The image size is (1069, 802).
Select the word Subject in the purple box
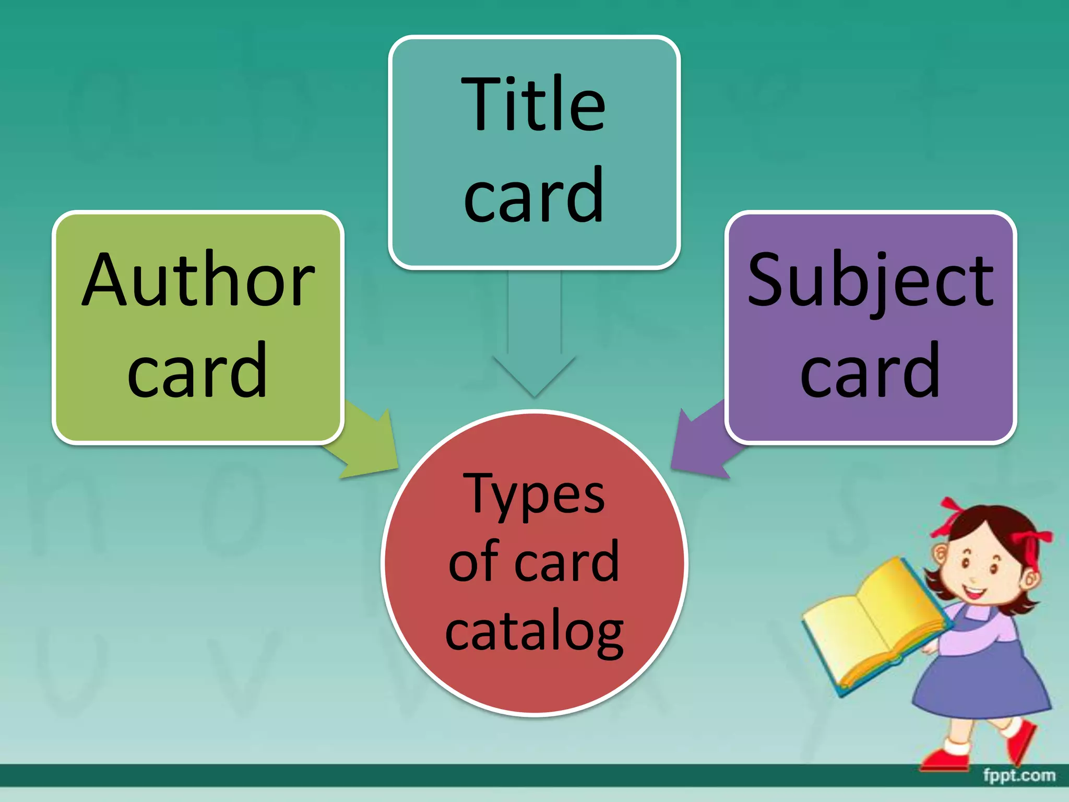tap(870, 280)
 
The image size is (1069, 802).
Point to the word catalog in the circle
tap(534, 631)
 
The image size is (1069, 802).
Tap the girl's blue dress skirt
tap(981, 679)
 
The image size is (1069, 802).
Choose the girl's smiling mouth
tap(974, 593)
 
